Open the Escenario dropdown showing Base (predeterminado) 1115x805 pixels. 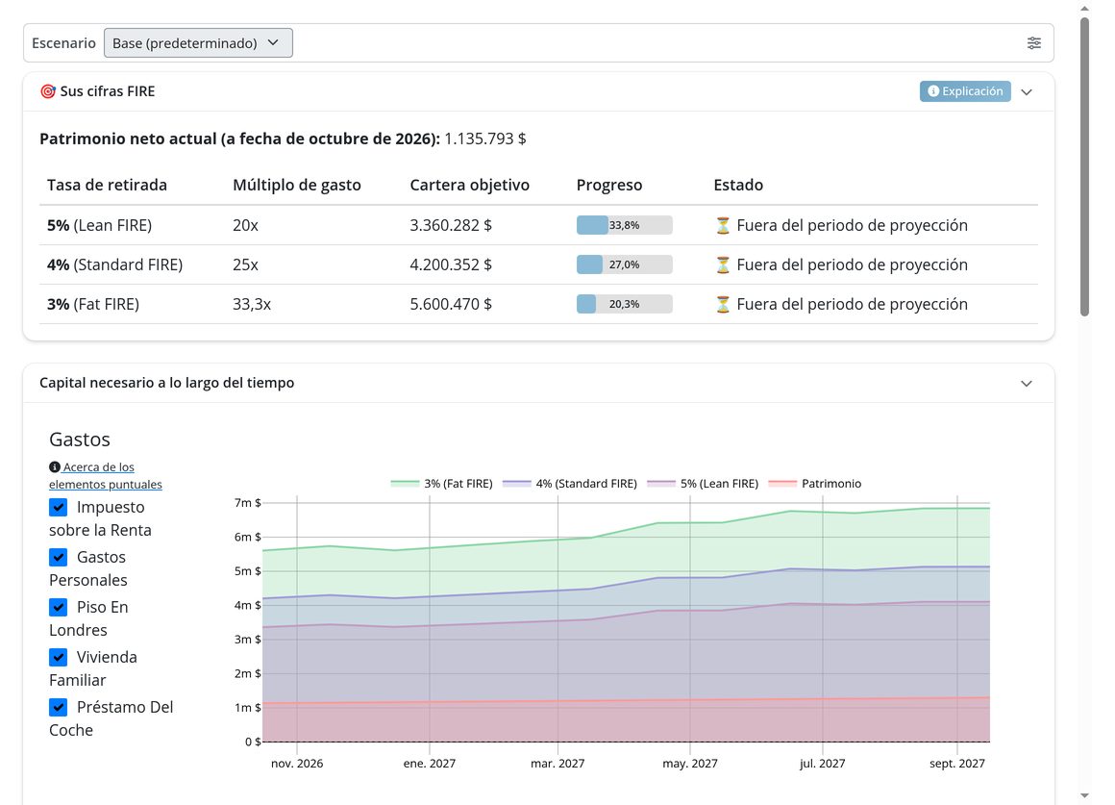point(198,42)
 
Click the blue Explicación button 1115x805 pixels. point(965,91)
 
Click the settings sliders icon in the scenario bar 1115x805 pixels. point(1034,43)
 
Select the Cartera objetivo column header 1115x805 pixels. point(469,185)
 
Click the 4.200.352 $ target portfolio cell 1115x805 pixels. point(451,264)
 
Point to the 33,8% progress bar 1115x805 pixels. point(625,225)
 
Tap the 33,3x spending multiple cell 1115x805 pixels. point(252,305)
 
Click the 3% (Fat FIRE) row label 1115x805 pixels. point(93,305)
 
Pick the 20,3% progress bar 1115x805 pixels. point(625,304)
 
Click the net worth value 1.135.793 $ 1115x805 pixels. point(485,138)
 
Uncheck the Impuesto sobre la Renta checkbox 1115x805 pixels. point(59,508)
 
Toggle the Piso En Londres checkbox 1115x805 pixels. point(59,607)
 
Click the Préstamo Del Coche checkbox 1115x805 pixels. point(59,707)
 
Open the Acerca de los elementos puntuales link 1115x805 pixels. point(105,475)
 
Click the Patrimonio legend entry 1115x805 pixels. point(815,483)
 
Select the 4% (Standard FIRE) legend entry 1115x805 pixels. point(570,483)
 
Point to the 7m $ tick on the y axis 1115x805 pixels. point(247,502)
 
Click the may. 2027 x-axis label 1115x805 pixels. point(690,763)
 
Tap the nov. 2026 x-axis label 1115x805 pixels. point(296,763)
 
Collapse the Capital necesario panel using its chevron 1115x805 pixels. point(1027,384)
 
